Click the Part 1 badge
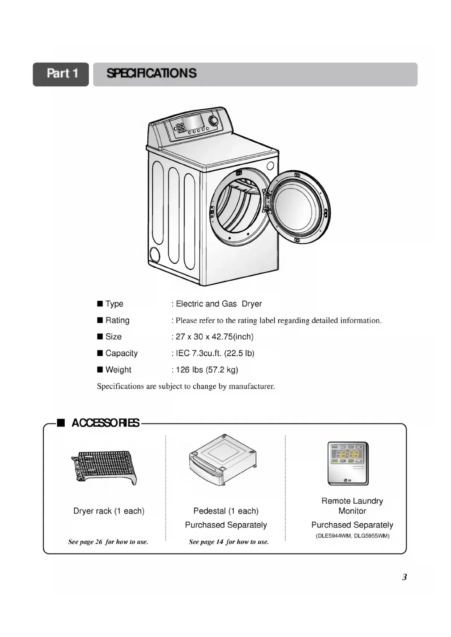click(61, 74)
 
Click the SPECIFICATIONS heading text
click(152, 73)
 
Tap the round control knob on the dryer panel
click(213, 121)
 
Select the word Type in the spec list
click(114, 304)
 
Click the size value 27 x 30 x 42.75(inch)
click(214, 337)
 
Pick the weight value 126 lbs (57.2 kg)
click(207, 370)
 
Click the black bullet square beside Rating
click(100, 320)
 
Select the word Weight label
click(118, 370)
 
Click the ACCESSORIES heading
click(105, 423)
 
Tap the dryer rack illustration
click(104, 467)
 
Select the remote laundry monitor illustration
click(348, 463)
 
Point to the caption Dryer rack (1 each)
click(109, 511)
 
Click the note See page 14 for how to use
click(229, 542)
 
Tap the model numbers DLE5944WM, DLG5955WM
click(352, 536)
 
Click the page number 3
click(404, 577)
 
